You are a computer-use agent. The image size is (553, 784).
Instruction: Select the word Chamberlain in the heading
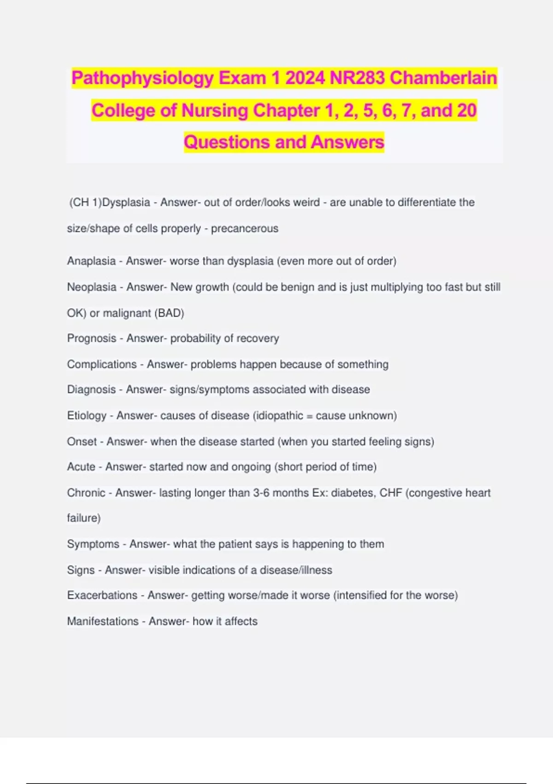[443, 78]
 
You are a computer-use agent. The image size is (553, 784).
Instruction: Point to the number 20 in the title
[466, 111]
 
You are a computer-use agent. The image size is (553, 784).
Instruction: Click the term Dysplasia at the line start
[126, 202]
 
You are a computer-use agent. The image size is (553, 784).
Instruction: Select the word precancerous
[245, 229]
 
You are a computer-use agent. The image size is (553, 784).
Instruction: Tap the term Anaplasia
[91, 261]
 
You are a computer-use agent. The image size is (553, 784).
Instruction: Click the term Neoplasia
[92, 287]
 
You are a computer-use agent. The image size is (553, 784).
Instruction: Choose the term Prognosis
[92, 339]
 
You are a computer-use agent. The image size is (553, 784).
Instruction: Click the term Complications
[102, 364]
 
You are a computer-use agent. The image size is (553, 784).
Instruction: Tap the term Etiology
[87, 416]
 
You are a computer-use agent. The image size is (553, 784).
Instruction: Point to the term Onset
[82, 442]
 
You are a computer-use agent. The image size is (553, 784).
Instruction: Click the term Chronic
[86, 493]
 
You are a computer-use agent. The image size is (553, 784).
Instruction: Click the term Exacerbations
[102, 595]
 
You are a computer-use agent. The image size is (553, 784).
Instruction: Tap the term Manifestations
[103, 622]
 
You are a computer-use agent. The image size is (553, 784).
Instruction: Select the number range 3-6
[261, 493]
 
